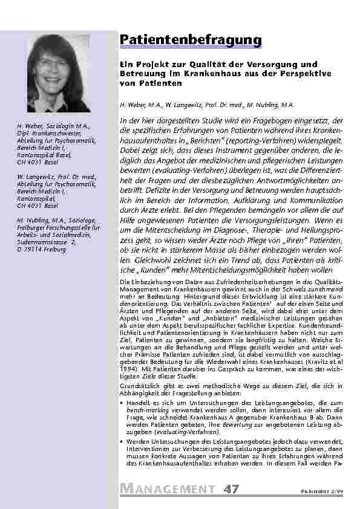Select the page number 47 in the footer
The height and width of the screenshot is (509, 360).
coord(231,488)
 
